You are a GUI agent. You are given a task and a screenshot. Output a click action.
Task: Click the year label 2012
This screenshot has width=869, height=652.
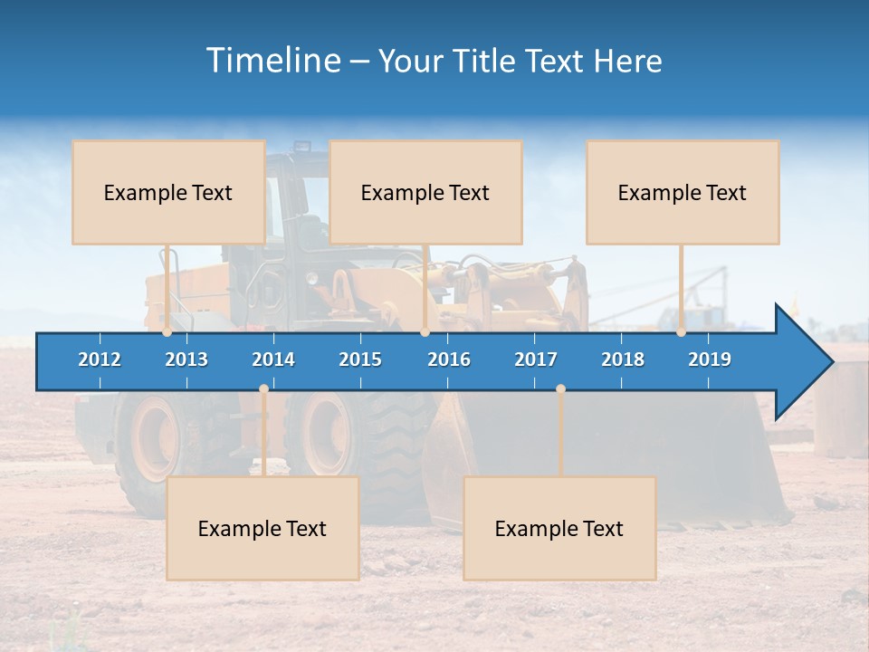pos(100,360)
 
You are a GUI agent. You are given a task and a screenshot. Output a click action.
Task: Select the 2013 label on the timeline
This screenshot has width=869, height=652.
pos(186,360)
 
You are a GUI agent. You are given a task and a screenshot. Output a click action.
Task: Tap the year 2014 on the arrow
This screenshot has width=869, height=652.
pos(273,360)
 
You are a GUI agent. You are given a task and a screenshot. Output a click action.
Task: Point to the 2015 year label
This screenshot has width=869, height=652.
pos(360,360)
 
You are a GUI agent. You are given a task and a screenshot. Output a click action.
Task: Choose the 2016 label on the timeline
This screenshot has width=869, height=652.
pos(449,360)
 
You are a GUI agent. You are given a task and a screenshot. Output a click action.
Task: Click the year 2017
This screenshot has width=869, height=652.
pos(536,360)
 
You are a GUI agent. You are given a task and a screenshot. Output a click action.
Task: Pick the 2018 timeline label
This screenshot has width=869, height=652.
pos(623,360)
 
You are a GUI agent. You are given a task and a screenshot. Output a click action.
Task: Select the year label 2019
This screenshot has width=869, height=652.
pos(710,360)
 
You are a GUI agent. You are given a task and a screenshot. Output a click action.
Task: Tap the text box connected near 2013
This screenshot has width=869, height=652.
pos(168,192)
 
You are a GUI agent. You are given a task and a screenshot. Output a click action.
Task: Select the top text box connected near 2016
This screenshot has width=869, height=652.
pos(425,192)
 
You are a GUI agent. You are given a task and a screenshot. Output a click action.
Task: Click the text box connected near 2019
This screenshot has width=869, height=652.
pos(683,192)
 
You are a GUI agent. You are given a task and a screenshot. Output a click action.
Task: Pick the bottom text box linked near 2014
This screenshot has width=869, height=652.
pos(263,528)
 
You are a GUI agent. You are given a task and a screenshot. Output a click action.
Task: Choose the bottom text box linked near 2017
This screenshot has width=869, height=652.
pos(559,528)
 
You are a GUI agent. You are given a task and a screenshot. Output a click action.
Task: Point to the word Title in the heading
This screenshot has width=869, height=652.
pos(489,61)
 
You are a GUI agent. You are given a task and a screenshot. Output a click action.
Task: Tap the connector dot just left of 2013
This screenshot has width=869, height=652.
pos(167,332)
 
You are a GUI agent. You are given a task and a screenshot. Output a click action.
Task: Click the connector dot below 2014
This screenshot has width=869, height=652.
pos(263,389)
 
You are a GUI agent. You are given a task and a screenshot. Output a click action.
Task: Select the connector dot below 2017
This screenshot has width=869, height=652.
pos(560,389)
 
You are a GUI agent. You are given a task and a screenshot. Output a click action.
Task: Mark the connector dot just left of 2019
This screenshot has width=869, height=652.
pos(681,332)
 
